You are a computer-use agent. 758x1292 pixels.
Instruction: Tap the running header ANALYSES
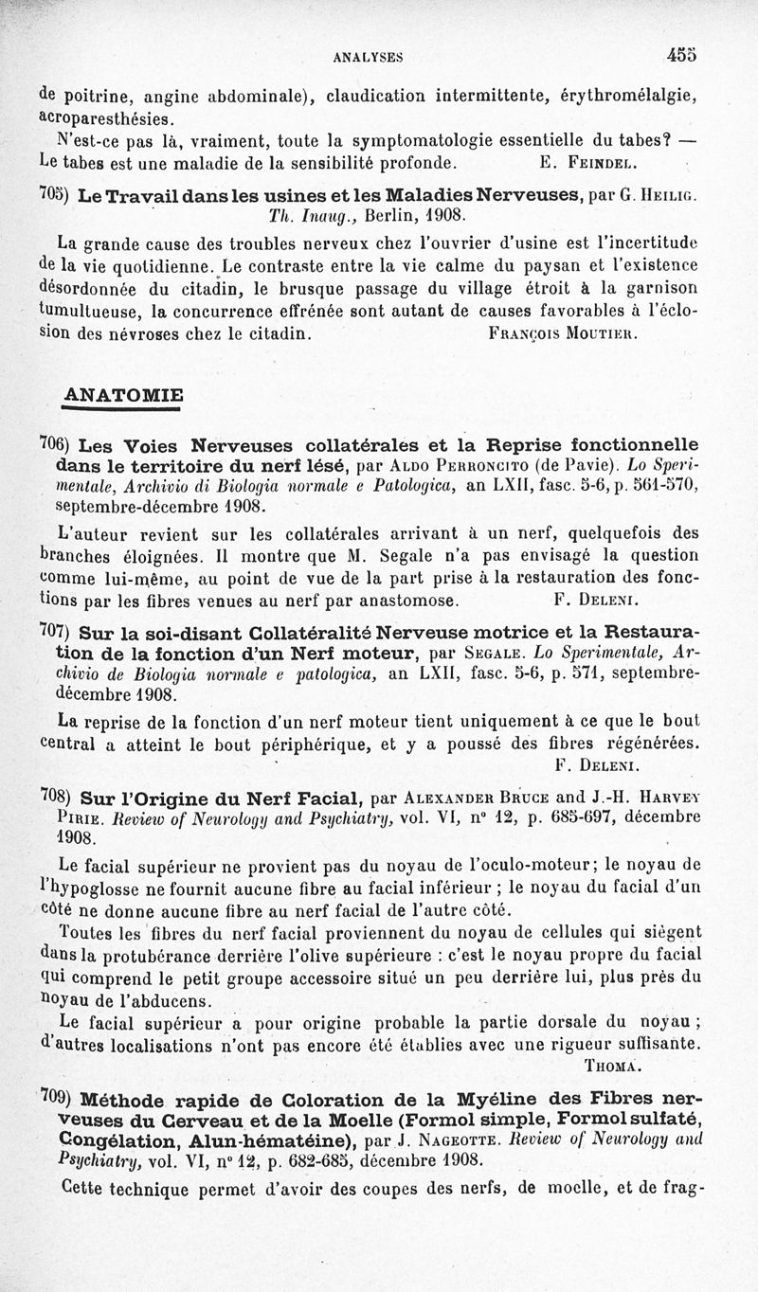(369, 57)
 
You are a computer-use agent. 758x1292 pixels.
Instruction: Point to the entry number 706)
(52, 443)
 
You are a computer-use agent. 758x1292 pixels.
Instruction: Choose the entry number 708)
(52, 793)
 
